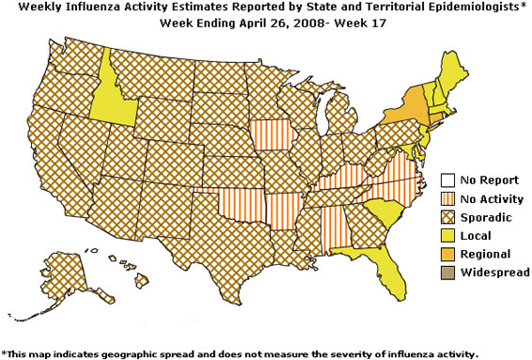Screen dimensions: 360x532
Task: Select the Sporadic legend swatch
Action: click(x=448, y=216)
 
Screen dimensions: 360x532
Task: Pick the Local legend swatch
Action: click(x=448, y=235)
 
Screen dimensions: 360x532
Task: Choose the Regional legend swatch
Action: click(x=448, y=254)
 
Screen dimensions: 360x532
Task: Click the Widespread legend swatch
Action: click(x=448, y=273)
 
